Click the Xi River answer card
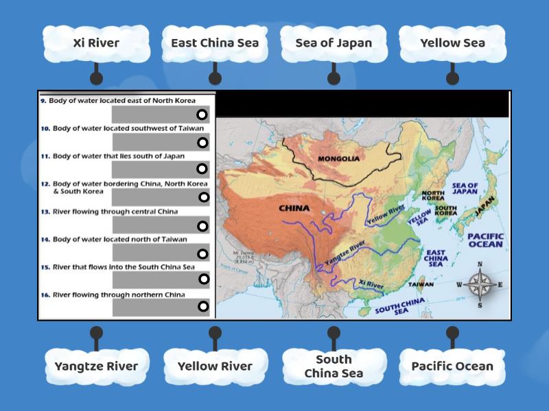[x=96, y=43]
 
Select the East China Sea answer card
[x=215, y=43]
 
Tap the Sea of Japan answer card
[x=334, y=43]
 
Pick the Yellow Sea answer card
[x=452, y=43]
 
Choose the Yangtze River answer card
[x=96, y=366]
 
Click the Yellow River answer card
[x=215, y=366]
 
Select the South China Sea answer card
[x=334, y=366]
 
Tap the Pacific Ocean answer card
[x=452, y=366]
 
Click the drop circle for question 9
[x=202, y=114]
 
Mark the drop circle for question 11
[x=202, y=169]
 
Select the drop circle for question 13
[x=202, y=226]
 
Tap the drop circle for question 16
[x=202, y=306]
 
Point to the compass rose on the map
[x=480, y=284]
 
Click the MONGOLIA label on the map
[x=358, y=159]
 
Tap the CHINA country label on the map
[x=294, y=208]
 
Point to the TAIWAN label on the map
[x=421, y=283]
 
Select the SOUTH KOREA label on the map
[x=446, y=210]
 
